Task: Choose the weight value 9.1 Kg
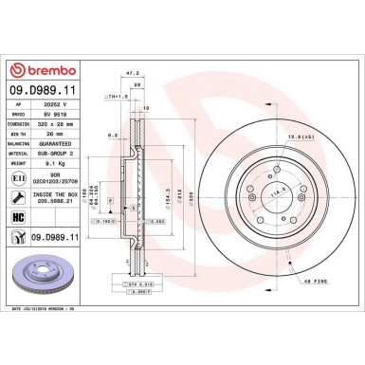pos(69,163)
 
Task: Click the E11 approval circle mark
pos(22,177)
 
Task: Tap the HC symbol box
pos(22,217)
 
